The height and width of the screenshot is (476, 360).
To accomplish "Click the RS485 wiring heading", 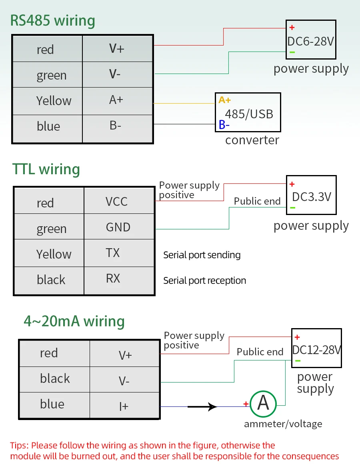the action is pos(52,21).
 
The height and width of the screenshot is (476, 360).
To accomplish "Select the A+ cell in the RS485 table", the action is pos(117,101).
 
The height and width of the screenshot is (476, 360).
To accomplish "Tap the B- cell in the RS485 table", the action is pos(117,128).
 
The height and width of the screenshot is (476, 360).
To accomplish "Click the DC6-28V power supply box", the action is pos(311,40).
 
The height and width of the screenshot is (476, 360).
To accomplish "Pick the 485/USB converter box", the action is pos(248,112).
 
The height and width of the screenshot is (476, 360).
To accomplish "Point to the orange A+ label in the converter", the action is pos(224,100).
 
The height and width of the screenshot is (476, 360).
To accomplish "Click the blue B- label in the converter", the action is pos(224,125).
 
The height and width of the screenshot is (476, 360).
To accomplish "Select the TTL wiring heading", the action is pos(46,169).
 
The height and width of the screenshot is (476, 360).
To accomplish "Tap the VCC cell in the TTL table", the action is pos(119,201).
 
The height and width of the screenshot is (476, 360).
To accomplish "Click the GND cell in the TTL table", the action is pos(119,227).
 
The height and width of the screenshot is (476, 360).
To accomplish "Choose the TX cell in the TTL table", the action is pos(119,253).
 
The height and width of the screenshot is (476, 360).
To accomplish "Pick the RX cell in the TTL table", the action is pos(119,281).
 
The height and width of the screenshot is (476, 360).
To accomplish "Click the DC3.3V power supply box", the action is pos(311,195).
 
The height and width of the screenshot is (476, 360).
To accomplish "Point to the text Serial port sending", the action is pos(202,255).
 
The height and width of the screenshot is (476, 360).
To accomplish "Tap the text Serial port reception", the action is pos(204,281).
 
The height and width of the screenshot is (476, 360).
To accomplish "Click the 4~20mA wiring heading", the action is pos(74,321).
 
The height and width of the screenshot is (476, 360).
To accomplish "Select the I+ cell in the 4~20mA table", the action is pos(124,405).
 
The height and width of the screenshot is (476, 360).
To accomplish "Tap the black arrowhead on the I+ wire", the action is pos(212,406).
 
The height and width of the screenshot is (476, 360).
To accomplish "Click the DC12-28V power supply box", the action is pos(316,348).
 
